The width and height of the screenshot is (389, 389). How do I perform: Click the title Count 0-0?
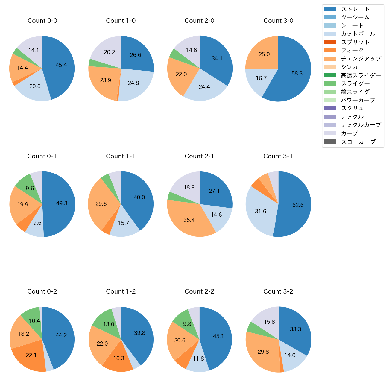point(42,21)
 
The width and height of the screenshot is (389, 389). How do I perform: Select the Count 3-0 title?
point(278,21)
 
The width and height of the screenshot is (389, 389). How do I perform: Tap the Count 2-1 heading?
point(199,156)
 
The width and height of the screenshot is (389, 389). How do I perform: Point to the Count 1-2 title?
point(121,291)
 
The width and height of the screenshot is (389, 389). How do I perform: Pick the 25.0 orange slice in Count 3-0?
point(263,54)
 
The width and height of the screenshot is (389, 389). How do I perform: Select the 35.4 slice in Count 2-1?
point(190,220)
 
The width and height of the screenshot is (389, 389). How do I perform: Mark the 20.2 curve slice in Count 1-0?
point(108,51)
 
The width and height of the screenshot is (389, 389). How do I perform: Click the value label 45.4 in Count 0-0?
point(61,65)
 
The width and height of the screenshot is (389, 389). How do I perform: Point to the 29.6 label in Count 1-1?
point(101,204)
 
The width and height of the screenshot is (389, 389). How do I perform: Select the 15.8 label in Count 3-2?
point(269,322)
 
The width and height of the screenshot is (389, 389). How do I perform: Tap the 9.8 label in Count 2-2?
point(187,324)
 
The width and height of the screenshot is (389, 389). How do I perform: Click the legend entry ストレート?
point(355,9)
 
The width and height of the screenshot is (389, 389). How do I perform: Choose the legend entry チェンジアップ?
point(361,59)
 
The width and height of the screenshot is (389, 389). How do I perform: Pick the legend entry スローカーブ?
point(358,142)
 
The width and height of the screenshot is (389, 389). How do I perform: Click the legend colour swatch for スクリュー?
point(330,108)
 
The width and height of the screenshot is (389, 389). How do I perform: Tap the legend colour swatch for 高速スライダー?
point(330,75)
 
